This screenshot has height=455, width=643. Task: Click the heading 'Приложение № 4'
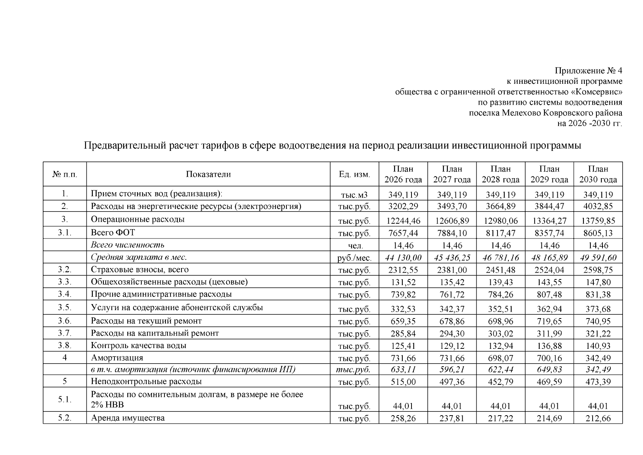click(588, 71)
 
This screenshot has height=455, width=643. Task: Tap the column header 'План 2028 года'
click(501, 174)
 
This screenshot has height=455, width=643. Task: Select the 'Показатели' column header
click(208, 174)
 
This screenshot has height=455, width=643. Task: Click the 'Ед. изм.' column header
click(354, 174)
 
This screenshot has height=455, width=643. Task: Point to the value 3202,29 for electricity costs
click(403, 207)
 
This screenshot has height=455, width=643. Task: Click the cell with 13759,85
click(598, 221)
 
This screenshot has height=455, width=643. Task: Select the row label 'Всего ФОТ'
click(113, 232)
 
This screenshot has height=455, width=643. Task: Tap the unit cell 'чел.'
click(355, 246)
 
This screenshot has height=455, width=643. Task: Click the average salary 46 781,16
click(501, 258)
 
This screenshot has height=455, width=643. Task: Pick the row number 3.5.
click(64, 308)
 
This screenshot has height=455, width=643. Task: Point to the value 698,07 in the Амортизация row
click(501, 358)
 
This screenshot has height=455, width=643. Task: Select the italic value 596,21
click(452, 370)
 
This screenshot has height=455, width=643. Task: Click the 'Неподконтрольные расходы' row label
click(146, 381)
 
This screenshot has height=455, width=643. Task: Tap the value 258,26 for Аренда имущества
click(403, 419)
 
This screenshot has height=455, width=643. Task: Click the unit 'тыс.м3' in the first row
click(354, 195)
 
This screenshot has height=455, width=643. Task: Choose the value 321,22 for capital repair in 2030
click(598, 334)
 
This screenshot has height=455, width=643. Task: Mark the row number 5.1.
click(64, 399)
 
